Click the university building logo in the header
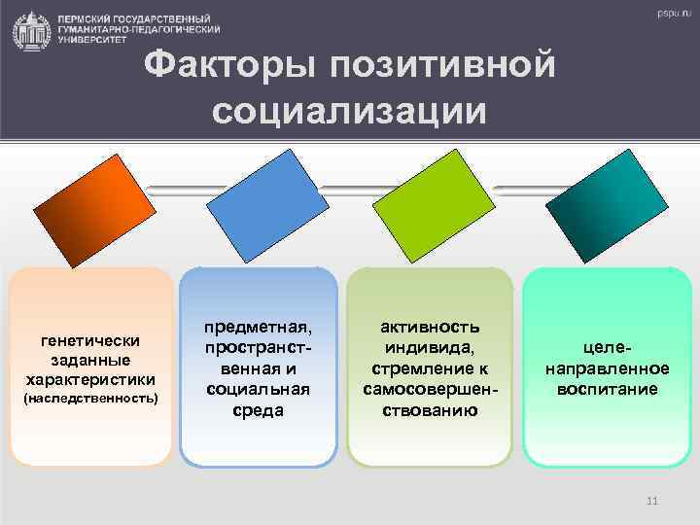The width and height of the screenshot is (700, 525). (32, 31)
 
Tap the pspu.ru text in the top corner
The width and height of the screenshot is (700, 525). (670, 14)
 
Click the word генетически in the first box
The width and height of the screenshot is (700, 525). (89, 340)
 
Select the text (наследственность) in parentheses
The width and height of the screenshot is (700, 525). (89, 399)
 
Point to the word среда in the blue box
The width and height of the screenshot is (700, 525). (258, 408)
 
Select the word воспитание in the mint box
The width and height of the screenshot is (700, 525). (607, 389)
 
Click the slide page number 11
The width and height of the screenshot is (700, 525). (651, 501)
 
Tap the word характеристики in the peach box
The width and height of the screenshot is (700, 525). (89, 378)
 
